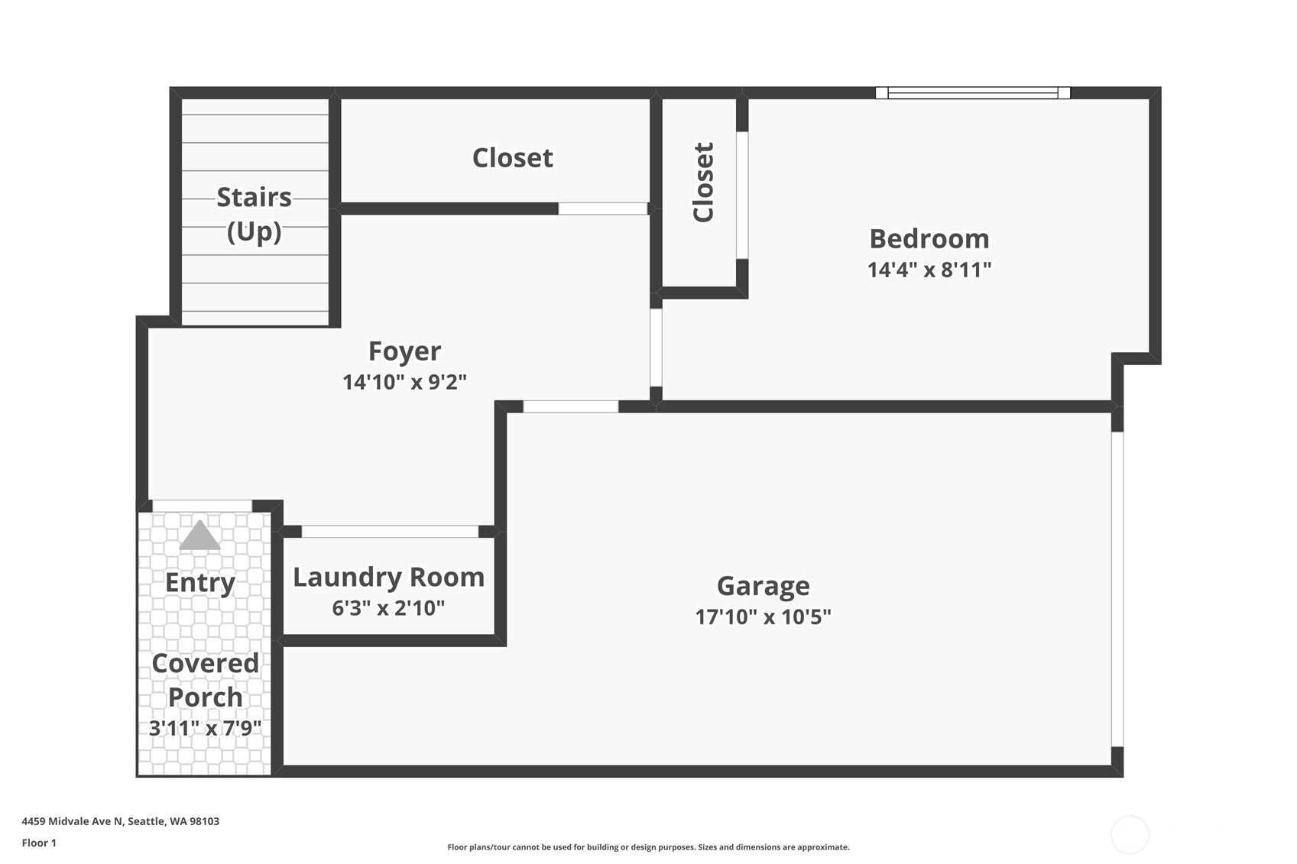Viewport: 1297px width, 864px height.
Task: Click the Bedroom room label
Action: tap(929, 239)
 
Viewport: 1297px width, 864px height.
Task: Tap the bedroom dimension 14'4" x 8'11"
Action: tap(929, 270)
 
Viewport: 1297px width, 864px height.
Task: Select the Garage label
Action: tap(764, 587)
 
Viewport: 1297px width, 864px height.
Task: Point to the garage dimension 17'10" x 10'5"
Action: tap(764, 617)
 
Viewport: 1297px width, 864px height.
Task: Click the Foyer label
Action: tap(405, 352)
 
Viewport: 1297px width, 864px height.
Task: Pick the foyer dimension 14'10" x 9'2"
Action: tap(405, 382)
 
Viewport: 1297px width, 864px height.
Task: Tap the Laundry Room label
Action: tap(388, 578)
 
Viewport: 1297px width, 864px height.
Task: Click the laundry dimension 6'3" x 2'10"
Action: tap(388, 607)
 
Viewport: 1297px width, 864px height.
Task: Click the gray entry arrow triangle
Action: tap(199, 536)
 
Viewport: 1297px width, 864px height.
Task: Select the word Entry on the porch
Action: tap(200, 584)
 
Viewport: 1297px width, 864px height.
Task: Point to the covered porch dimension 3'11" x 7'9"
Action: tap(205, 728)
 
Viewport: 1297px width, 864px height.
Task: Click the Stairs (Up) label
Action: tap(255, 215)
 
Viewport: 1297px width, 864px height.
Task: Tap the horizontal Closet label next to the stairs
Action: tap(512, 158)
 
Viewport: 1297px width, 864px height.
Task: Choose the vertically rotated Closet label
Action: tap(703, 183)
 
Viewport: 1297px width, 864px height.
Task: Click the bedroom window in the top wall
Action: tap(973, 92)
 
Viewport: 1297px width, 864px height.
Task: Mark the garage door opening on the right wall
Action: tap(1117, 589)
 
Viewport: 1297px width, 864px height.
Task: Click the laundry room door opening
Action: tap(391, 531)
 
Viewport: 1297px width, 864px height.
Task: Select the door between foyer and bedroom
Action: tap(656, 348)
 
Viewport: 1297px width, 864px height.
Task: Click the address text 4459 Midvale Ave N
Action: tap(73, 821)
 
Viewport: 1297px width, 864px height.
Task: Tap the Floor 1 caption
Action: tap(40, 843)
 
